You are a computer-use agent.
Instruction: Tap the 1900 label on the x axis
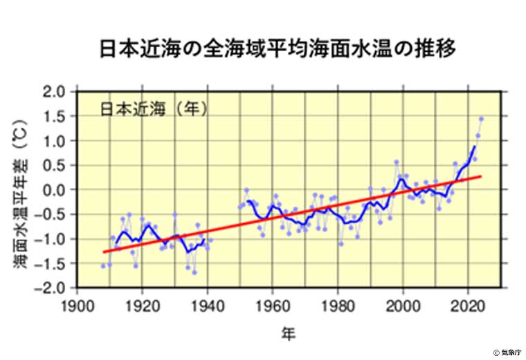[78, 304]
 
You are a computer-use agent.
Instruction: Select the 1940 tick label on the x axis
[208, 304]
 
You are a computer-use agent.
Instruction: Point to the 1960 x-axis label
[273, 304]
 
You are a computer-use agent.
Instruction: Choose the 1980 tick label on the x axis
[338, 304]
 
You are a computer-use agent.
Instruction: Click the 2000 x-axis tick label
[403, 304]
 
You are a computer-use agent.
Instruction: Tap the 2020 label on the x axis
[468, 304]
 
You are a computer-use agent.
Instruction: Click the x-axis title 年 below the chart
[289, 334]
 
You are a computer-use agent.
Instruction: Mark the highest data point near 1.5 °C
[481, 119]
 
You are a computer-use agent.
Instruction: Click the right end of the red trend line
[480, 176]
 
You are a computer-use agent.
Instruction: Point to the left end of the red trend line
[103, 252]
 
